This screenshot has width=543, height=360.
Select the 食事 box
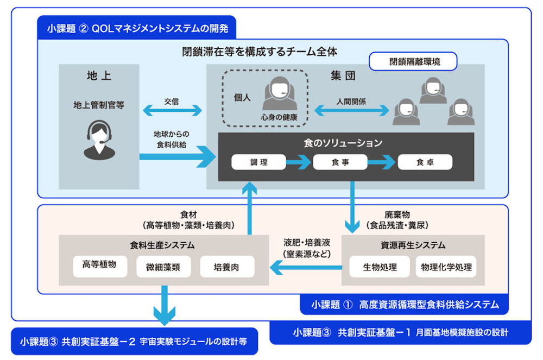[340, 162]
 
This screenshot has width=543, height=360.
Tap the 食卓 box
[425, 162]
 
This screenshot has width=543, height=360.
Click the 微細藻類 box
[163, 267]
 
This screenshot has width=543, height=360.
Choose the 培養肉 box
[226, 267]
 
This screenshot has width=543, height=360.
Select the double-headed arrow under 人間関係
[352, 111]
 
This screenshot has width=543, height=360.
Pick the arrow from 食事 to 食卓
[383, 162]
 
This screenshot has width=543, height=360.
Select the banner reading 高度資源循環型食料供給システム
[404, 304]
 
